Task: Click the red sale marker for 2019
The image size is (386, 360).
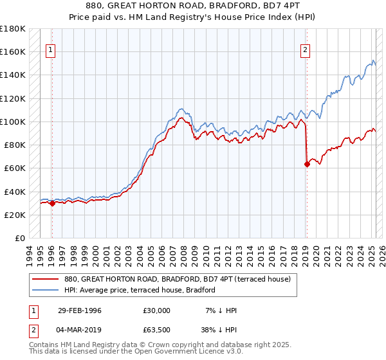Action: (x=307, y=164)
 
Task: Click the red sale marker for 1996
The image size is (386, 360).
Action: (x=52, y=203)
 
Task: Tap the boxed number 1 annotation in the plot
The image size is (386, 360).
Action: (x=51, y=51)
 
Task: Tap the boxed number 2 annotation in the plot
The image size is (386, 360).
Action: (x=306, y=51)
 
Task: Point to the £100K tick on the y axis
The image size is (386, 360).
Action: (x=14, y=122)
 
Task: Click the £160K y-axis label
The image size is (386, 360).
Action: (x=14, y=51)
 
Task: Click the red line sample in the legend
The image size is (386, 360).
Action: (x=46, y=279)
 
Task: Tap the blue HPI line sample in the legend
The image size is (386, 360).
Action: (x=46, y=290)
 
